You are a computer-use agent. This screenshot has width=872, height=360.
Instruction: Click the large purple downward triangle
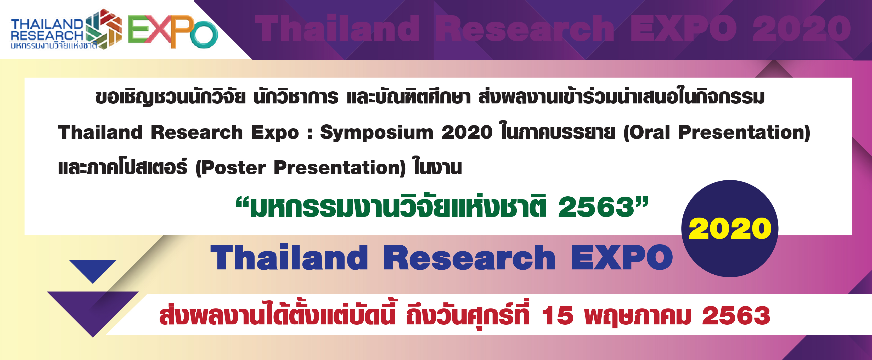[x=93, y=312]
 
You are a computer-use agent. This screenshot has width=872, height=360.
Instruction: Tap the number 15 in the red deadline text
[x=558, y=316]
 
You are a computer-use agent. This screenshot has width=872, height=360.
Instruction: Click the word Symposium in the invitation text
[x=376, y=133]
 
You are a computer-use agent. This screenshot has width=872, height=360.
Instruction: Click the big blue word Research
[x=469, y=258]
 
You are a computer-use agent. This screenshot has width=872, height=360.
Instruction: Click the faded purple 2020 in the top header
[x=802, y=29]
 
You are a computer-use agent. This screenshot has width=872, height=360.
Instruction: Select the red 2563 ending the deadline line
[x=736, y=316]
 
